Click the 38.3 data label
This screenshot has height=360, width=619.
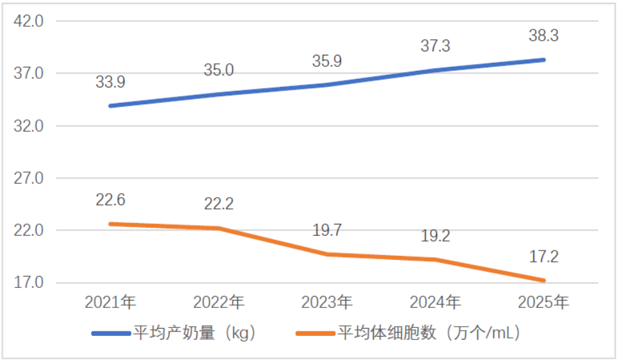tap(544, 36)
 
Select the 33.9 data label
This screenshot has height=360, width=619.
tap(110, 83)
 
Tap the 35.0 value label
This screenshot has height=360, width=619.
tap(219, 70)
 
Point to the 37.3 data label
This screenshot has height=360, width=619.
tap(435, 46)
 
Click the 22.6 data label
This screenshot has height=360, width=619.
tap(110, 200)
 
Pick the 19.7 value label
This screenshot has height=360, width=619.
tap(327, 230)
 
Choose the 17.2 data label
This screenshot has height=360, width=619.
tap(544, 256)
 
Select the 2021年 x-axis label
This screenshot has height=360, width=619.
tap(110, 303)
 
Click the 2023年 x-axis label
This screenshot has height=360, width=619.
tap(327, 303)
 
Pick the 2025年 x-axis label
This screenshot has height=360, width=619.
tap(544, 303)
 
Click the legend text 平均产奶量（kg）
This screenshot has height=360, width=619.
tap(194, 332)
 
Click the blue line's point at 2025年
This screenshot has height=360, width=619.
tap(544, 60)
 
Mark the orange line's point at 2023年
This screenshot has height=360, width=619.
tap(327, 254)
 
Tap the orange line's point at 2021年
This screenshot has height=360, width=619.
tap(110, 224)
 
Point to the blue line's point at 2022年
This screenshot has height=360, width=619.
tap(219, 94)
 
